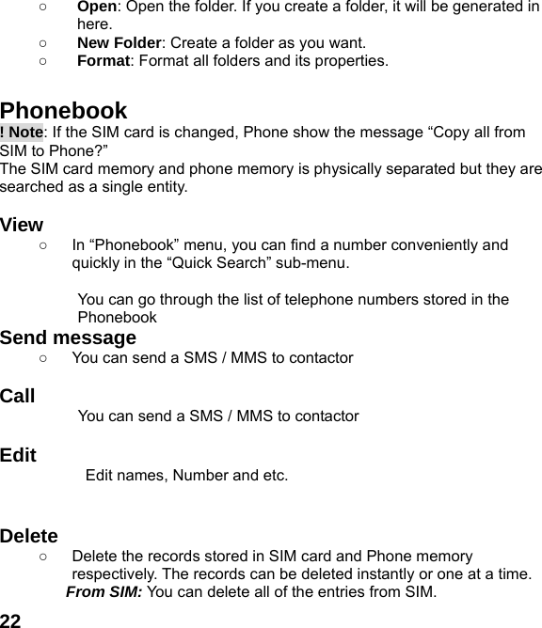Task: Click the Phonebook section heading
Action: click(64, 112)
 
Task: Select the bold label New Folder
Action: click(118, 42)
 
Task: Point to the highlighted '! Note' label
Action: click(22, 133)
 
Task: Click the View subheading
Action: click(22, 226)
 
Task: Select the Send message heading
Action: click(68, 338)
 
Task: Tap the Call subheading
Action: click(18, 396)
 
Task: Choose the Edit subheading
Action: click(19, 456)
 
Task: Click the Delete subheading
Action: click(29, 537)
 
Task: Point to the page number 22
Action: click(11, 620)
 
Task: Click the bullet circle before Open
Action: click(45, 8)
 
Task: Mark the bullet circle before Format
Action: click(45, 61)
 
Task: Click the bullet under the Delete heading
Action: click(45, 557)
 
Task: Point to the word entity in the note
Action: click(166, 187)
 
